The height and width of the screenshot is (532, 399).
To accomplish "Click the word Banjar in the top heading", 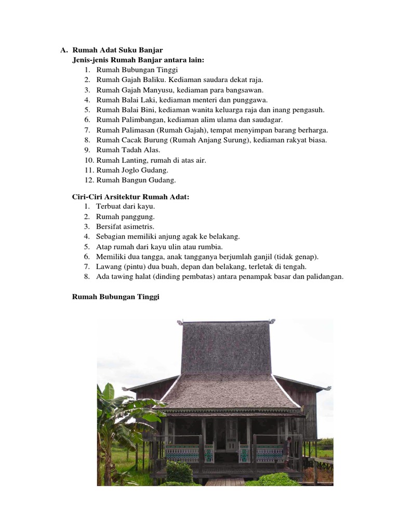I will pyautogui.click(x=152, y=50).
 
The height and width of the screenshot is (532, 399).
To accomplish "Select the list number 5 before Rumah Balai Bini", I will pyautogui.click(x=86, y=110).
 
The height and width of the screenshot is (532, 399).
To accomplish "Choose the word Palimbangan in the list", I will pyautogui.click(x=138, y=119).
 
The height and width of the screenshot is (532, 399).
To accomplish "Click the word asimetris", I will pyautogui.click(x=139, y=227).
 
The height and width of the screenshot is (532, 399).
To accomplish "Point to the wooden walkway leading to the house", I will pyautogui.click(x=224, y=481).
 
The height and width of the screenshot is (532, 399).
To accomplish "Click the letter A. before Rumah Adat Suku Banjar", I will pyautogui.click(x=64, y=50).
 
